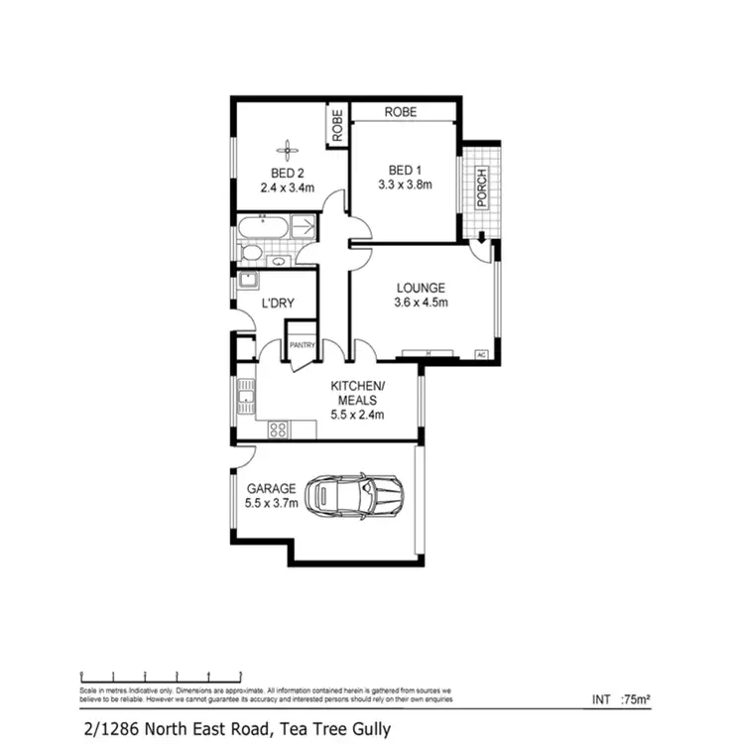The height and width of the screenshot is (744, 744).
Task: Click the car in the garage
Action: pos(355,494)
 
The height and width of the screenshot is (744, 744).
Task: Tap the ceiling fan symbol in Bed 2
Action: pos(288,151)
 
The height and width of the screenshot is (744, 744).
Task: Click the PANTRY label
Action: pos(302,345)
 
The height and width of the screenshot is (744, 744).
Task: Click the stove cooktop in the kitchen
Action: pos(279,430)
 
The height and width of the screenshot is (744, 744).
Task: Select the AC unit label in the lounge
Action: pos(481,354)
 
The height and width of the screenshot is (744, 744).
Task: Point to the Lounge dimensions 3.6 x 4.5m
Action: pos(418,303)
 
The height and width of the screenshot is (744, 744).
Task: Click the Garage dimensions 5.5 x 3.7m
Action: pos(271,503)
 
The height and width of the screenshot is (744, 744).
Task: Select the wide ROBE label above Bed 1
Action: pos(402,113)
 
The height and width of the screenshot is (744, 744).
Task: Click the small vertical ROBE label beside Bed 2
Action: pos(337,126)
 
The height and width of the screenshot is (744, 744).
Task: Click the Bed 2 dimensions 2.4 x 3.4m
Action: pos(288,186)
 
